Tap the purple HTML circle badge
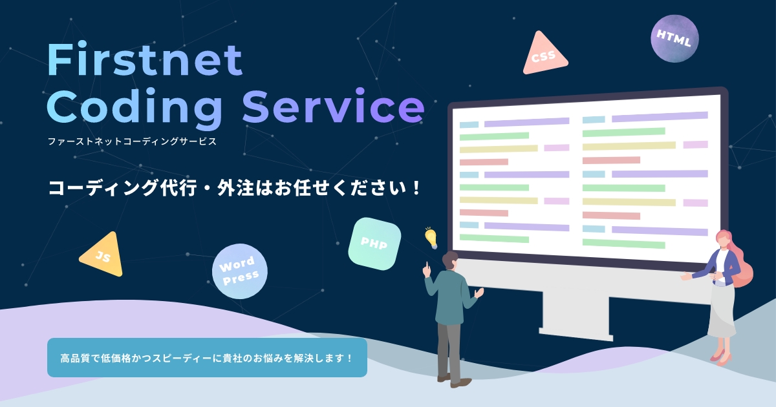pyautogui.click(x=674, y=39)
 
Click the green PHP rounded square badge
pyautogui.click(x=374, y=244)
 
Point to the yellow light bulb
pyautogui.click(x=431, y=237)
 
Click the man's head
pyautogui.click(x=450, y=262)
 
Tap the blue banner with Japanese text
pyautogui.click(x=207, y=357)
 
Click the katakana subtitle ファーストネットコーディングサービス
pyautogui.click(x=131, y=140)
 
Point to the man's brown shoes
pyautogui.click(x=453, y=381)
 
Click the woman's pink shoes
pyautogui.click(x=719, y=355)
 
